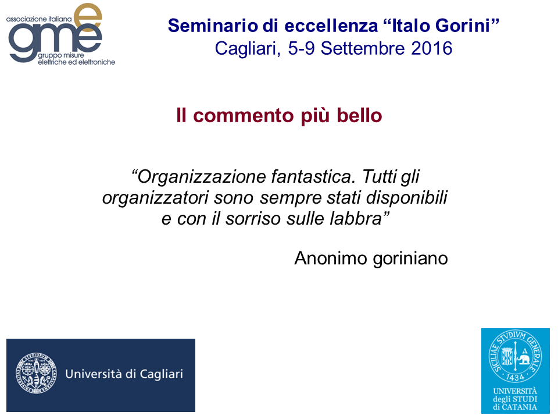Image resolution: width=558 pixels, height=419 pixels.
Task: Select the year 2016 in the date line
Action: (432, 48)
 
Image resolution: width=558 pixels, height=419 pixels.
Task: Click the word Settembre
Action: (363, 48)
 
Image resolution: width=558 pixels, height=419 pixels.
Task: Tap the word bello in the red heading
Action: (359, 115)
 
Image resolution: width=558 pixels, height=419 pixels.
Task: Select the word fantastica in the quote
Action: (313, 176)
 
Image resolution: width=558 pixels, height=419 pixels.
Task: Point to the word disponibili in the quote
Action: (407, 198)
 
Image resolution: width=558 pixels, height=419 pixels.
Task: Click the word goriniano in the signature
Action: (410, 258)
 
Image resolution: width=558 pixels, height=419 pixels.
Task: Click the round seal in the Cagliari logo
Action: (36, 373)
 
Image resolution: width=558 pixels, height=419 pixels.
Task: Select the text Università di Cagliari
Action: (124, 374)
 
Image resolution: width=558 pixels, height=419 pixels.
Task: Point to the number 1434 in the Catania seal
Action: (515, 377)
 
